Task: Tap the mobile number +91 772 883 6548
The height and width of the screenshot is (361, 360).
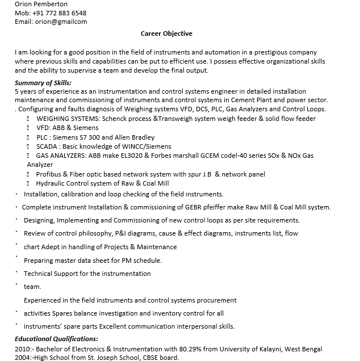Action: tap(58, 12)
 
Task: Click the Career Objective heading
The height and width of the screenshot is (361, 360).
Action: tap(166, 33)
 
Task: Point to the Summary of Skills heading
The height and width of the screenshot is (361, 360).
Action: tap(43, 83)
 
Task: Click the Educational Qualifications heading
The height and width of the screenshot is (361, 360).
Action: tap(56, 339)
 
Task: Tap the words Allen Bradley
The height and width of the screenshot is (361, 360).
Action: tap(135, 137)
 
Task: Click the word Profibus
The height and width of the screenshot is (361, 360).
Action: tap(49, 174)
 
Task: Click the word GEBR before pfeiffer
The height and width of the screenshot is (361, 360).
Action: tap(194, 207)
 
